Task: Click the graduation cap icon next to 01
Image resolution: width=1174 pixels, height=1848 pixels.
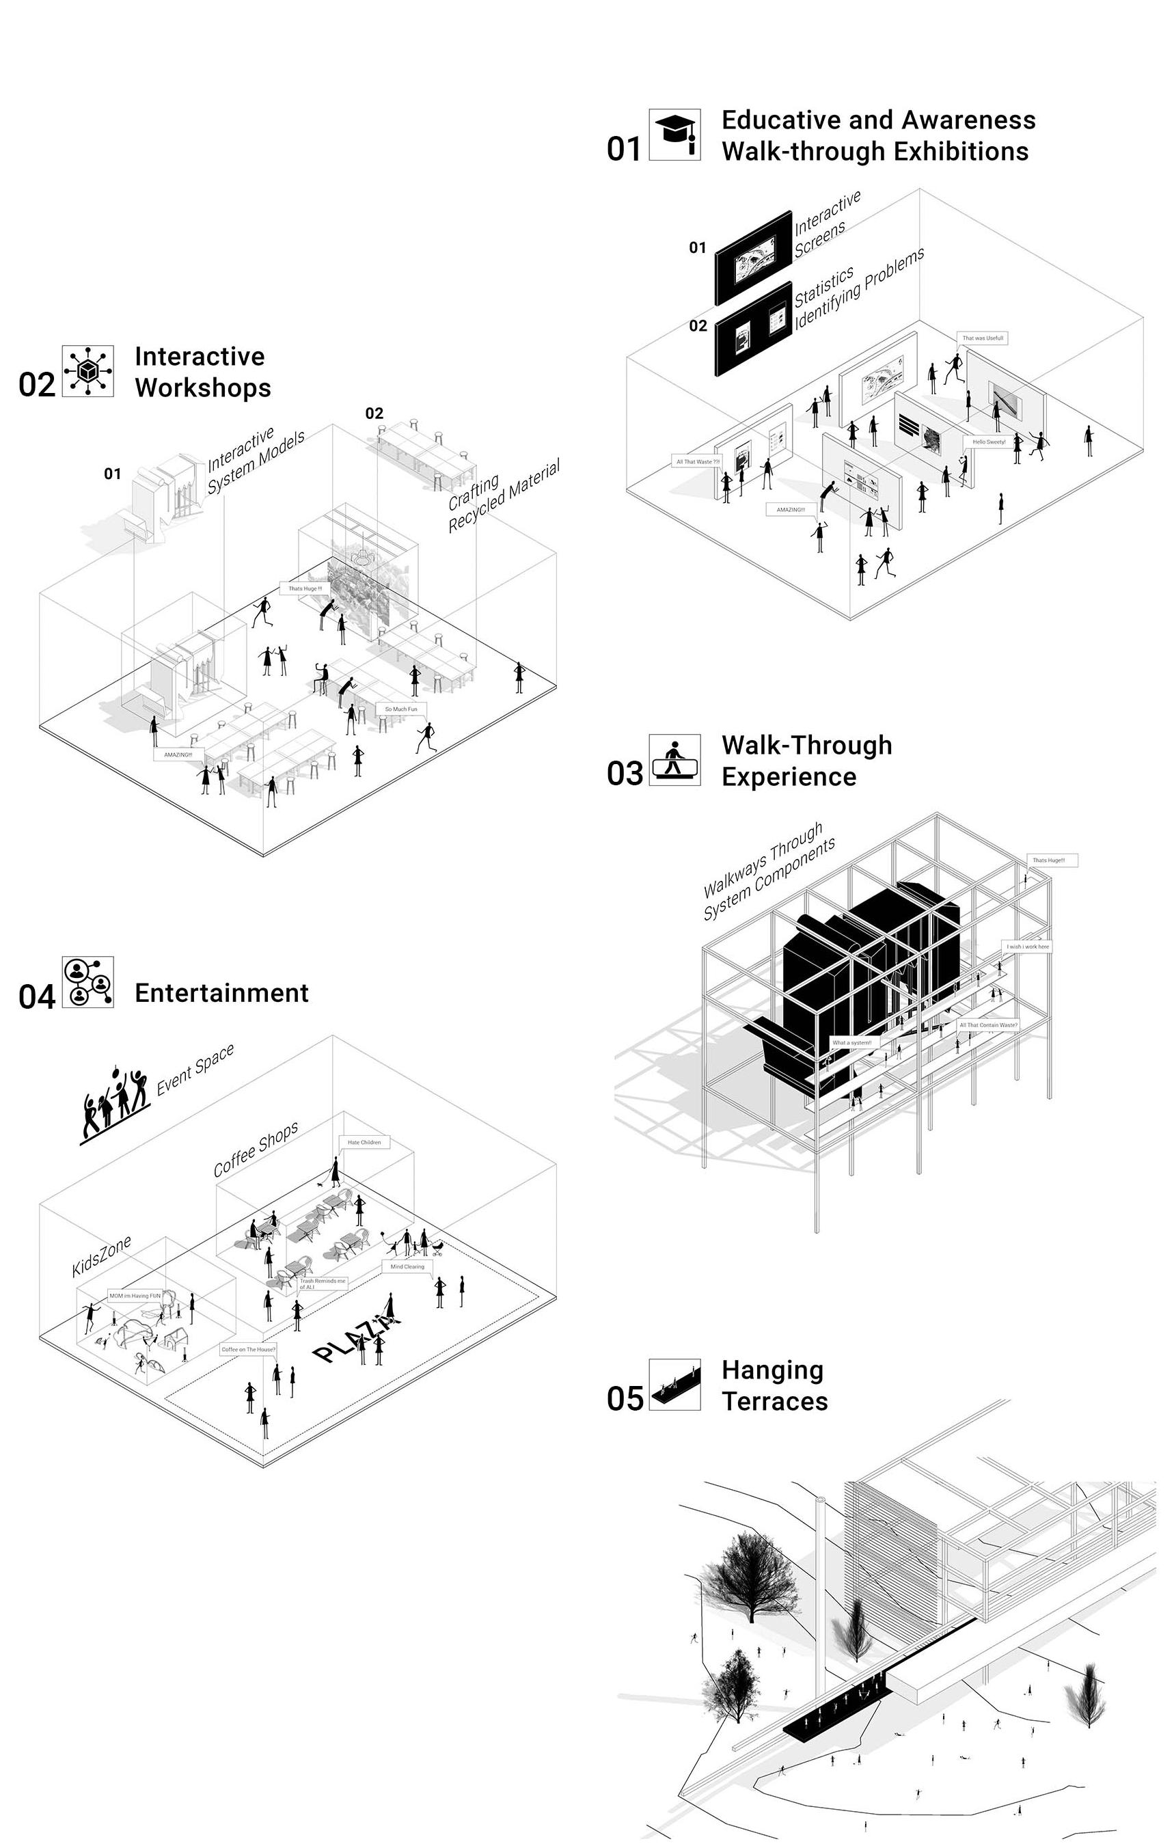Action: [x=674, y=135]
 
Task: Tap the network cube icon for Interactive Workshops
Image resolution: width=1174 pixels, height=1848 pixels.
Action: [x=87, y=371]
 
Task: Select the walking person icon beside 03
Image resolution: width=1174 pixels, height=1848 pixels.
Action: [x=674, y=759]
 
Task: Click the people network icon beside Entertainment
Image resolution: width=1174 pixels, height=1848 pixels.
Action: [x=87, y=981]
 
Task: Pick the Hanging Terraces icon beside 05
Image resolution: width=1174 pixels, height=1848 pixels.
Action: [x=674, y=1385]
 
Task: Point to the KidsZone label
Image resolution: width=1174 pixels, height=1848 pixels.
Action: [x=101, y=1256]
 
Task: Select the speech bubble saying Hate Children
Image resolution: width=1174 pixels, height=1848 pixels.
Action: [x=364, y=1142]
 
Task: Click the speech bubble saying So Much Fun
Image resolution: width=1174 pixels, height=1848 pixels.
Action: [x=400, y=709]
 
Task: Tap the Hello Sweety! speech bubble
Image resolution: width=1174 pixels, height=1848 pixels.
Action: [x=988, y=442]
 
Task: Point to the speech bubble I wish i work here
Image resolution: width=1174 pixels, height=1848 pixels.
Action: [x=1028, y=947]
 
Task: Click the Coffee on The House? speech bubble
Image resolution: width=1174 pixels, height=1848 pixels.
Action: [x=248, y=1349]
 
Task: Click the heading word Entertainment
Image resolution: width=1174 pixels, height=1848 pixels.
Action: [x=222, y=993]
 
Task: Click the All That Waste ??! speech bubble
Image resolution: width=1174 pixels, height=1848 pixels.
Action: [x=698, y=462]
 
